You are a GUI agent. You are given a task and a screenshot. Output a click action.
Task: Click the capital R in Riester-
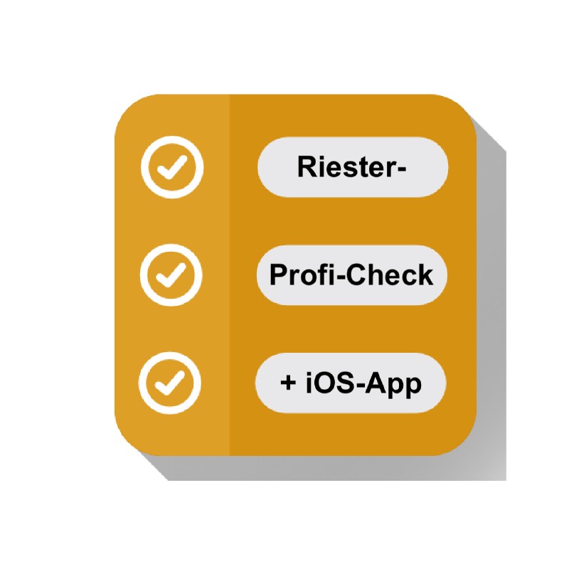pos(307,167)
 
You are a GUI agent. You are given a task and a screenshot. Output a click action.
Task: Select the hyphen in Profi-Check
pos(341,277)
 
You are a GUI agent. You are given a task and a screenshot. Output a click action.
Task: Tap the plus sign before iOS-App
pos(289,383)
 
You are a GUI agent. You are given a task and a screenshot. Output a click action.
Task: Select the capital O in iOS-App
pos(325,383)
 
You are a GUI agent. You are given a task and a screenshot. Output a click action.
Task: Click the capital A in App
pos(376,383)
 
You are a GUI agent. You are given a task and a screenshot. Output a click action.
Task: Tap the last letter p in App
pos(413,386)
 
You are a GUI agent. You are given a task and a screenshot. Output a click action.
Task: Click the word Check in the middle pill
pos(390,275)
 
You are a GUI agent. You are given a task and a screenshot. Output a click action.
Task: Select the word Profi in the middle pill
pos(303,275)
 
